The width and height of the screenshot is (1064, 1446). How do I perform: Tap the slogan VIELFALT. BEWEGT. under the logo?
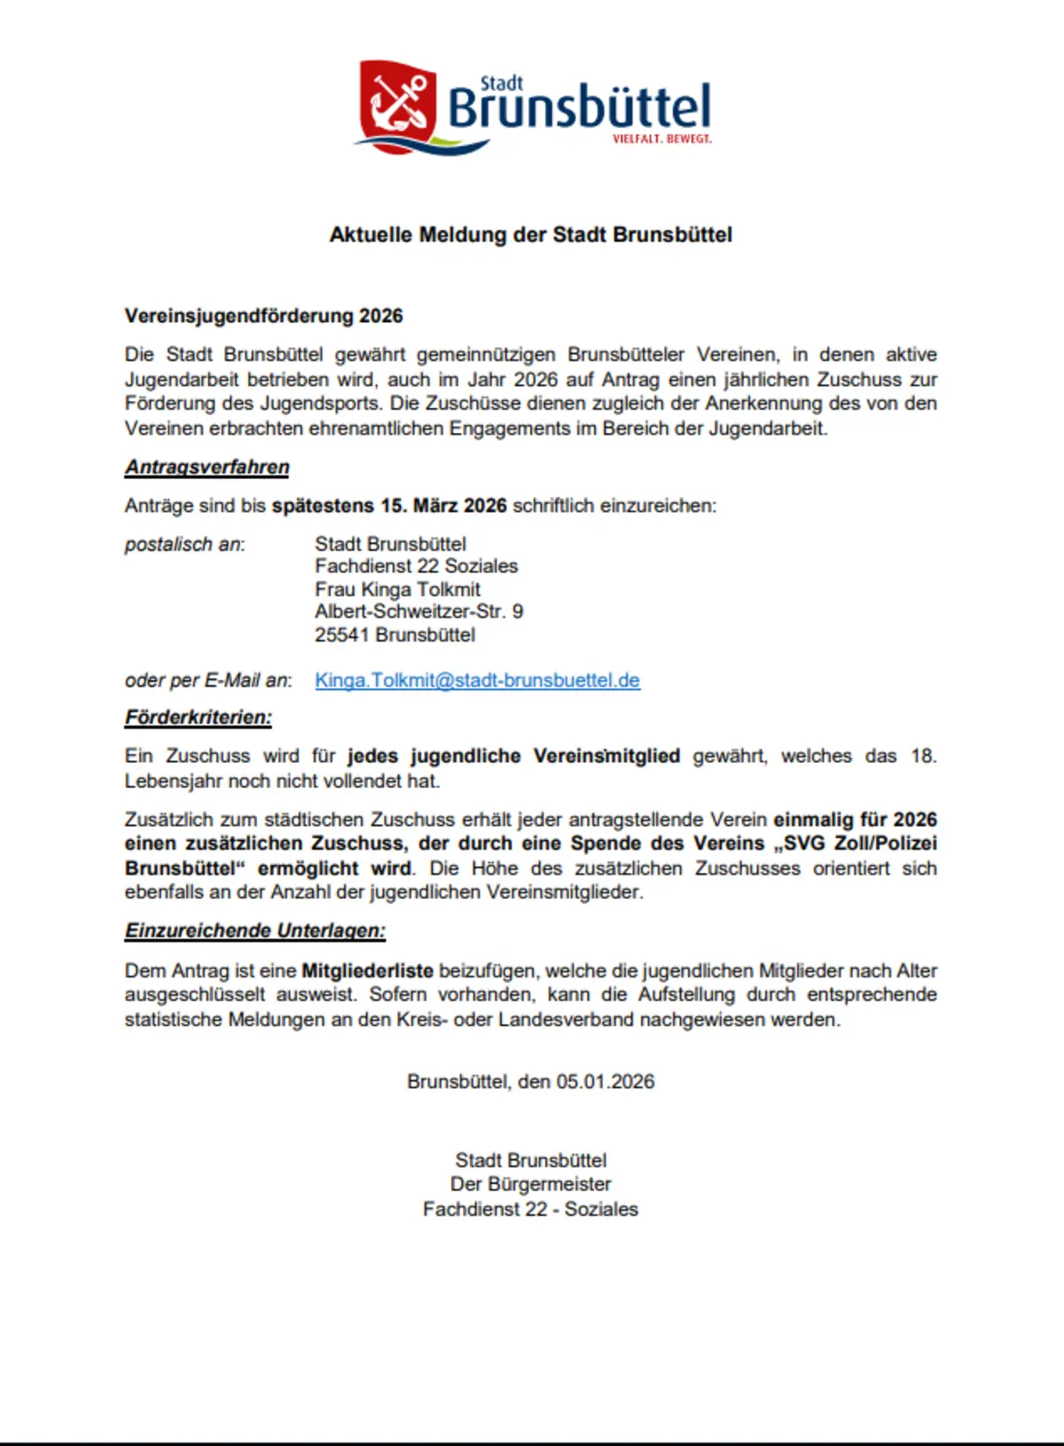tap(661, 139)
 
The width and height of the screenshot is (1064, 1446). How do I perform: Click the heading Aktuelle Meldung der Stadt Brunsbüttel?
tap(531, 235)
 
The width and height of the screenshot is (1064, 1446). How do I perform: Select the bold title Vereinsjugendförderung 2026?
tap(264, 316)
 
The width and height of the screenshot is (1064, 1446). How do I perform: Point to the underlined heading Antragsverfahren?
tap(207, 468)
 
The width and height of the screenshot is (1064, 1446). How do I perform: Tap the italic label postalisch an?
tap(184, 544)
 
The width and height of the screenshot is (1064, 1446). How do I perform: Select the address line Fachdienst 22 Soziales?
tap(416, 566)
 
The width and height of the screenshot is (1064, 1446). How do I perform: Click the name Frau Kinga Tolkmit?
tap(397, 589)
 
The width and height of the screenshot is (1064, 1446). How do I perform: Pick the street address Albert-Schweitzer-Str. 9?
tap(419, 611)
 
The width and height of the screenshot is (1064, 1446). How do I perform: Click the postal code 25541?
tap(342, 635)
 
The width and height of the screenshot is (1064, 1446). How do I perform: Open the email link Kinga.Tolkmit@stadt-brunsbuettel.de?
tap(477, 680)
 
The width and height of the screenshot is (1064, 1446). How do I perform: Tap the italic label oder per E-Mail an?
tap(208, 680)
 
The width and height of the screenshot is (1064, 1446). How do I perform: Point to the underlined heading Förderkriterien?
tap(199, 718)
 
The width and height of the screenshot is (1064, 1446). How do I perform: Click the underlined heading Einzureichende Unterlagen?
tap(255, 931)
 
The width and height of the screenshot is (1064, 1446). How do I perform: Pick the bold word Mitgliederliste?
tap(367, 971)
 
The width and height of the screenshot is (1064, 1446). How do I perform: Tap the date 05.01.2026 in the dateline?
tap(606, 1081)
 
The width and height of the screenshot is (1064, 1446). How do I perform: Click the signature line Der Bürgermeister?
tap(530, 1184)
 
